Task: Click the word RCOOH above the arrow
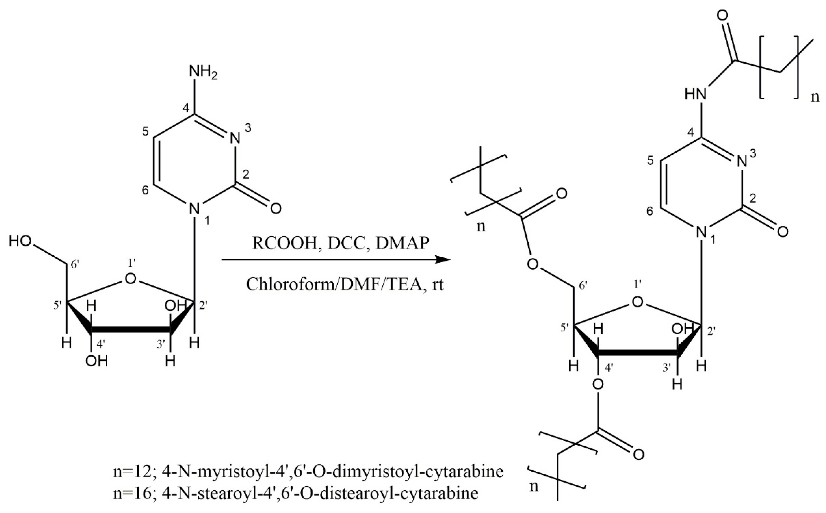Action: (284, 243)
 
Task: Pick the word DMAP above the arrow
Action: (403, 243)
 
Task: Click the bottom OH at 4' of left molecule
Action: (96, 362)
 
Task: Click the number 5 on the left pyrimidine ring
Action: (145, 132)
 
